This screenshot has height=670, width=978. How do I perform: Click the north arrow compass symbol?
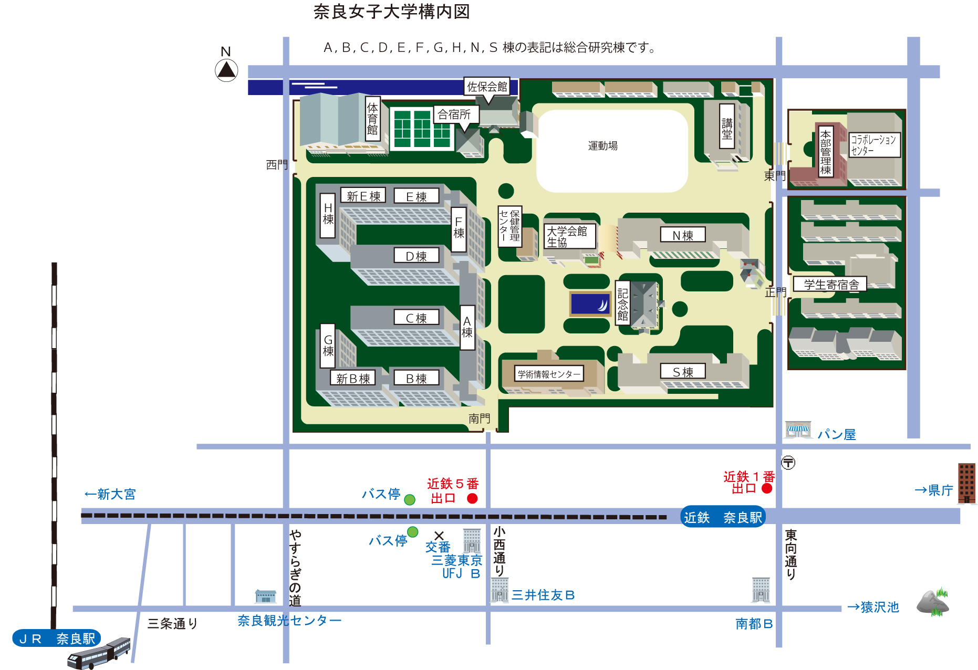226,70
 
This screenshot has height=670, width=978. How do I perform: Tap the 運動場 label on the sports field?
602,145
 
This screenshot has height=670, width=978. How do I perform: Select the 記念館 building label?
622,304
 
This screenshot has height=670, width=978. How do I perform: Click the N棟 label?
683,235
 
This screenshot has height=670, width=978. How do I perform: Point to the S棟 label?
683,372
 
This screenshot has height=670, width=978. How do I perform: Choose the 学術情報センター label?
549,374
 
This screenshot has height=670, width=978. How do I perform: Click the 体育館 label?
372,119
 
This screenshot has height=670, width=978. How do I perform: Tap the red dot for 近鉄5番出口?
472,498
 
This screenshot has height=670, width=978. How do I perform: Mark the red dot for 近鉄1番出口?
767,488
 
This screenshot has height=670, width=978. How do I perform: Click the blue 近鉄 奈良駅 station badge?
723,517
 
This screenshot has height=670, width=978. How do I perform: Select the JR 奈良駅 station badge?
57,638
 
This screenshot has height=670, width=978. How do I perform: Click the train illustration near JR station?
99,653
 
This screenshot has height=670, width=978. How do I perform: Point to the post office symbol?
788,463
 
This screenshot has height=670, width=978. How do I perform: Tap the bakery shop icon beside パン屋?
798,430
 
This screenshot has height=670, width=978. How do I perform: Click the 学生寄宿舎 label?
831,284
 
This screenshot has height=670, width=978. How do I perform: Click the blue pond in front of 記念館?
590,304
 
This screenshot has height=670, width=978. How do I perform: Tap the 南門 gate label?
479,418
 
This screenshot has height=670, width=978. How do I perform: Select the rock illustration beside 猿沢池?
933,602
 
